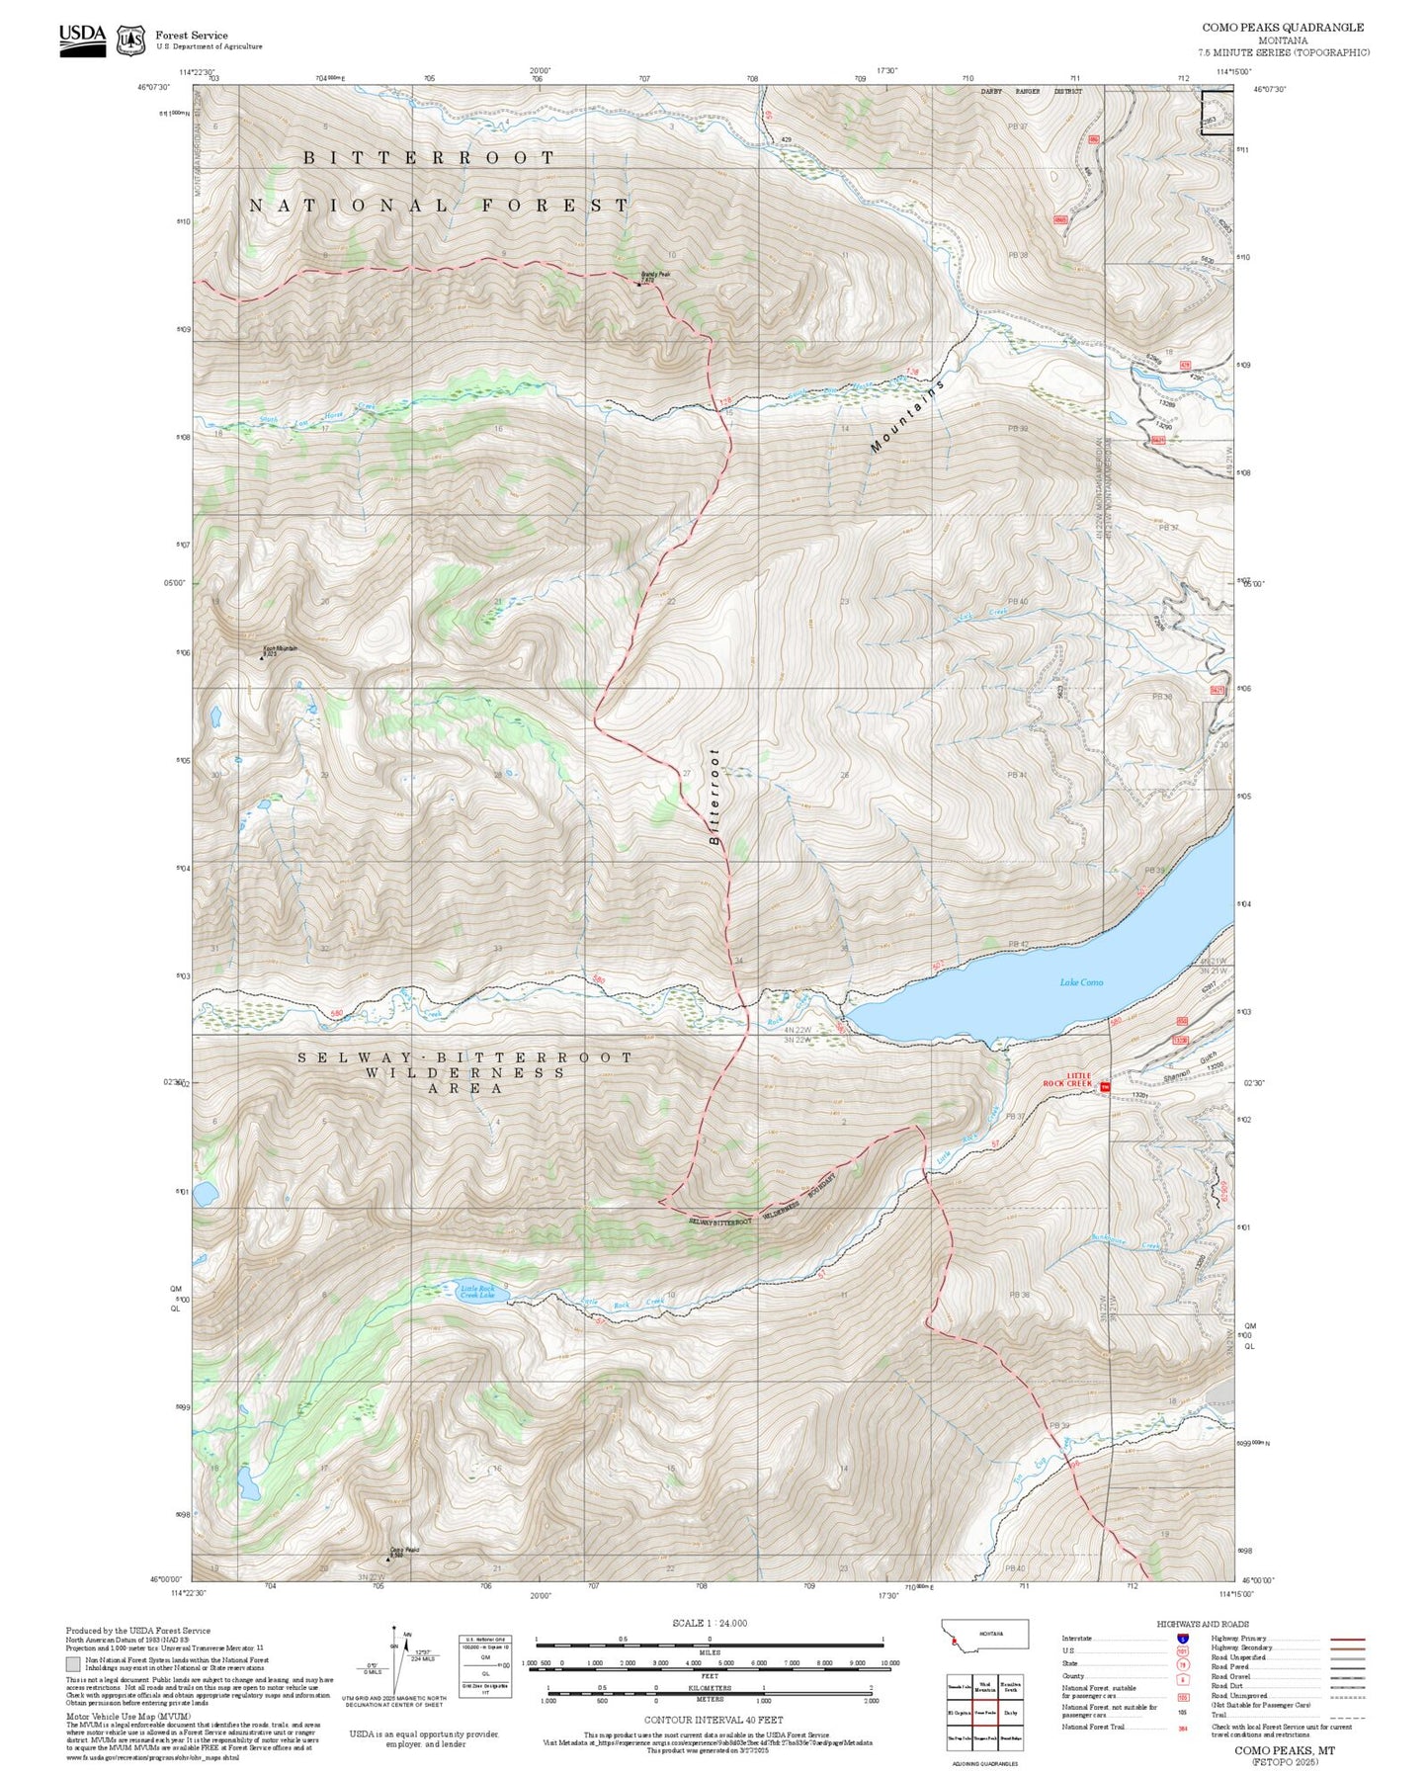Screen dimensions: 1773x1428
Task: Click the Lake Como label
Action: tap(1081, 982)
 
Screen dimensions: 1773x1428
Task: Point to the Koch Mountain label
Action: tap(280, 649)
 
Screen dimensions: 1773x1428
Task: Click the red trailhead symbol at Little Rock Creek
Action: tap(1106, 1087)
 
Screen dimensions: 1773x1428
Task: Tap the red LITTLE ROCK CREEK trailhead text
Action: tap(1068, 1079)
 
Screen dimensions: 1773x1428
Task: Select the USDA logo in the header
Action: tap(81, 40)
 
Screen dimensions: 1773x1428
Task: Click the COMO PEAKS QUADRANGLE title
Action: tap(1282, 28)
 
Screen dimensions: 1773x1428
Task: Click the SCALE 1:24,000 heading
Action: tap(709, 1623)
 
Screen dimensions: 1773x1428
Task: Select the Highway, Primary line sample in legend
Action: tap(1348, 1639)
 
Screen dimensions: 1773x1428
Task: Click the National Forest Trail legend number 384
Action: tap(1182, 1729)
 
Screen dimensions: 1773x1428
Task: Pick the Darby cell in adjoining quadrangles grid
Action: tap(1010, 1712)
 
